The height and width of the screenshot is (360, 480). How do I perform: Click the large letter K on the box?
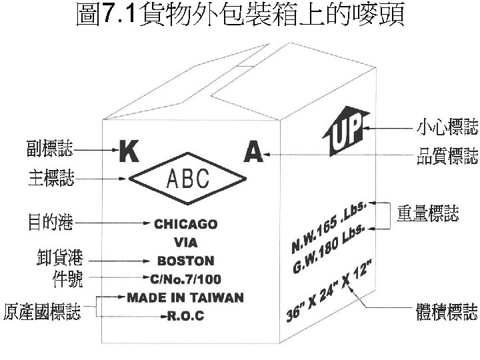pyautogui.click(x=129, y=153)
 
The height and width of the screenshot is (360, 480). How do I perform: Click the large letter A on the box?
pyautogui.click(x=253, y=153)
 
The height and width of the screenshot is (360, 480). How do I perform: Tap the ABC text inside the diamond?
pyautogui.click(x=187, y=179)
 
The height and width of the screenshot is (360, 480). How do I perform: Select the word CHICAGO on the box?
pyautogui.click(x=185, y=225)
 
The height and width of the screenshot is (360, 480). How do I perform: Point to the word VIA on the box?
pyautogui.click(x=185, y=243)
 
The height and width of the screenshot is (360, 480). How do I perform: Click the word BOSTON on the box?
pyautogui.click(x=185, y=261)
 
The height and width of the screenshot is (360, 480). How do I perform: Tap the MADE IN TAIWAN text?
pyautogui.click(x=185, y=297)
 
